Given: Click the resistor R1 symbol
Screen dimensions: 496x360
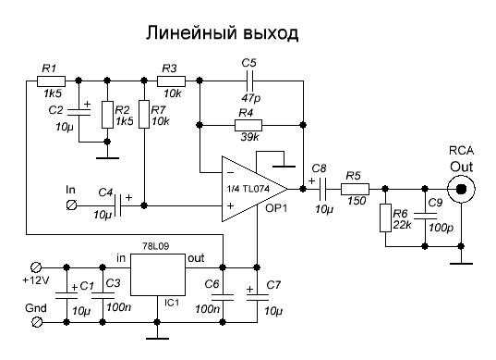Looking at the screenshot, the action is tap(51, 81).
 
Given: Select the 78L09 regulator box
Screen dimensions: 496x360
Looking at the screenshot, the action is tap(158, 275).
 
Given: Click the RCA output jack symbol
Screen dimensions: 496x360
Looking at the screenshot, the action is tap(462, 189).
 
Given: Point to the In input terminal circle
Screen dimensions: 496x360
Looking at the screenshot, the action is tap(71, 205).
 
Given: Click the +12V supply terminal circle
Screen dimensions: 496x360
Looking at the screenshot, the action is tap(36, 267).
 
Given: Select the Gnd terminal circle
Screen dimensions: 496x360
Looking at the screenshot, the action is tap(36, 322).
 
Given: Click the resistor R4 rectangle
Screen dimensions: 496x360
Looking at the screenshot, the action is tap(248, 125).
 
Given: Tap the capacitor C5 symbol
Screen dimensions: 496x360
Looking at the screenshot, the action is tap(248, 81).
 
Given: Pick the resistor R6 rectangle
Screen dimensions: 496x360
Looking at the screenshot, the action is tap(385, 218).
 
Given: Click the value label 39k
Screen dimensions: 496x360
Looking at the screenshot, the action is tap(250, 137).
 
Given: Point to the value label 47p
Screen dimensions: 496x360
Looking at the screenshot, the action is tap(251, 98).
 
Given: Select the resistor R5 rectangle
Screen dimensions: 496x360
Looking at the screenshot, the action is tap(355, 189).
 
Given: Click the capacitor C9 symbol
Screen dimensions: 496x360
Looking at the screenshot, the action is tap(425, 217).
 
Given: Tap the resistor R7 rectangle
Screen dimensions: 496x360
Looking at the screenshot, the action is tap(144, 114).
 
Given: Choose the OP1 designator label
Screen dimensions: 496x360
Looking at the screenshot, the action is tap(276, 208).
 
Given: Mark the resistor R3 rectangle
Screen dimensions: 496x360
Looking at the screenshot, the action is tap(171, 81).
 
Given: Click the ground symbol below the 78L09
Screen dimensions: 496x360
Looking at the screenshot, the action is tap(157, 339).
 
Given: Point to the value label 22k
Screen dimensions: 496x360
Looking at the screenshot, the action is tap(403, 225).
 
